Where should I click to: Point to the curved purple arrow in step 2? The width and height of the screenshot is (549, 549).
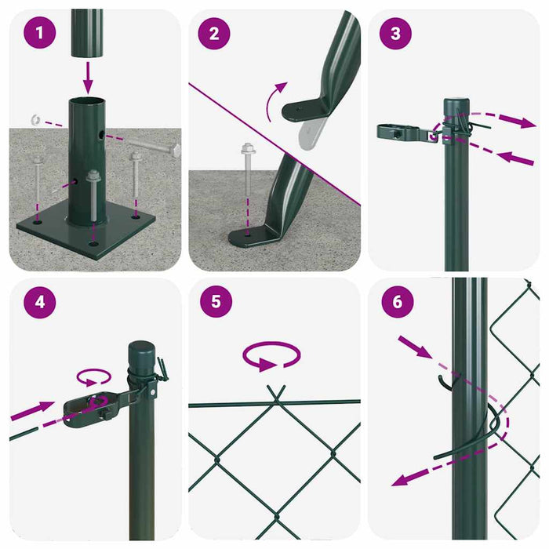click(274, 102)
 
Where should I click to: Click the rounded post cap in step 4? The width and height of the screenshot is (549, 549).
click(142, 349)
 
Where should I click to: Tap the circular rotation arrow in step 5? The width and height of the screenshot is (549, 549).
click(271, 358)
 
